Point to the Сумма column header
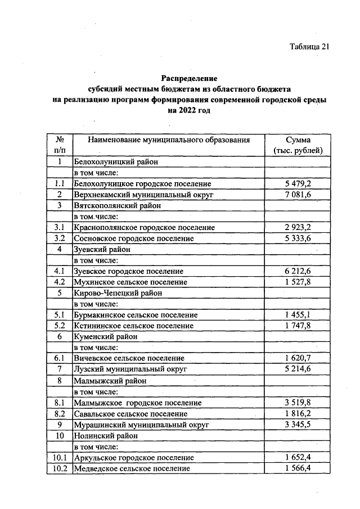coord(298,139)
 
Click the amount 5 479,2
coord(298,184)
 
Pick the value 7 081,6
coord(298,195)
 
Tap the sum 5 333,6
coord(298,238)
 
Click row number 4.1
coord(58,271)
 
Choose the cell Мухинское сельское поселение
coord(130,282)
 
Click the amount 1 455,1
coord(298,315)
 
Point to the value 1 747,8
coord(298,326)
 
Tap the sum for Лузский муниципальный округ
coord(298,369)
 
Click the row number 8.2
coord(58,413)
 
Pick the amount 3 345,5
coord(298,424)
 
